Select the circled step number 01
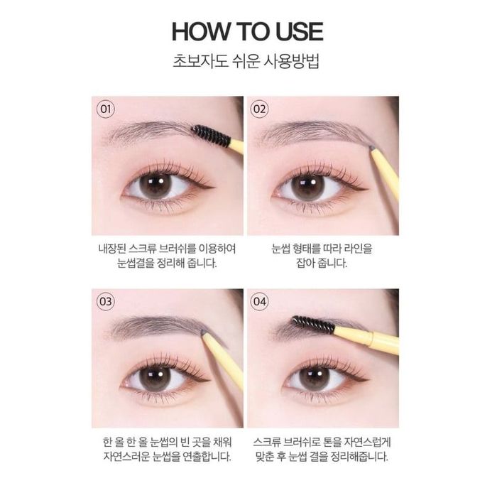[105, 109]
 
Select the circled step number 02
[259, 109]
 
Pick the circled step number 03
[105, 301]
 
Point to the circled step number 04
[259, 301]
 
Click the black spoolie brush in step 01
[211, 136]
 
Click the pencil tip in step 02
[372, 148]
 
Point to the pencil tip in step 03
[203, 332]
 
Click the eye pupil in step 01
[155, 186]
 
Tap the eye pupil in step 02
[307, 187]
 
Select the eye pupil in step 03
[155, 379]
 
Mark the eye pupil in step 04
[315, 379]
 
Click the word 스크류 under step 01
[143, 249]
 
